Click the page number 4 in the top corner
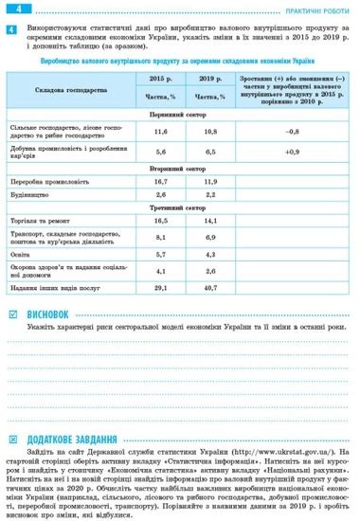click(9, 8)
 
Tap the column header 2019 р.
click(209, 79)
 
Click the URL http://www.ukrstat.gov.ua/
click(278, 453)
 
